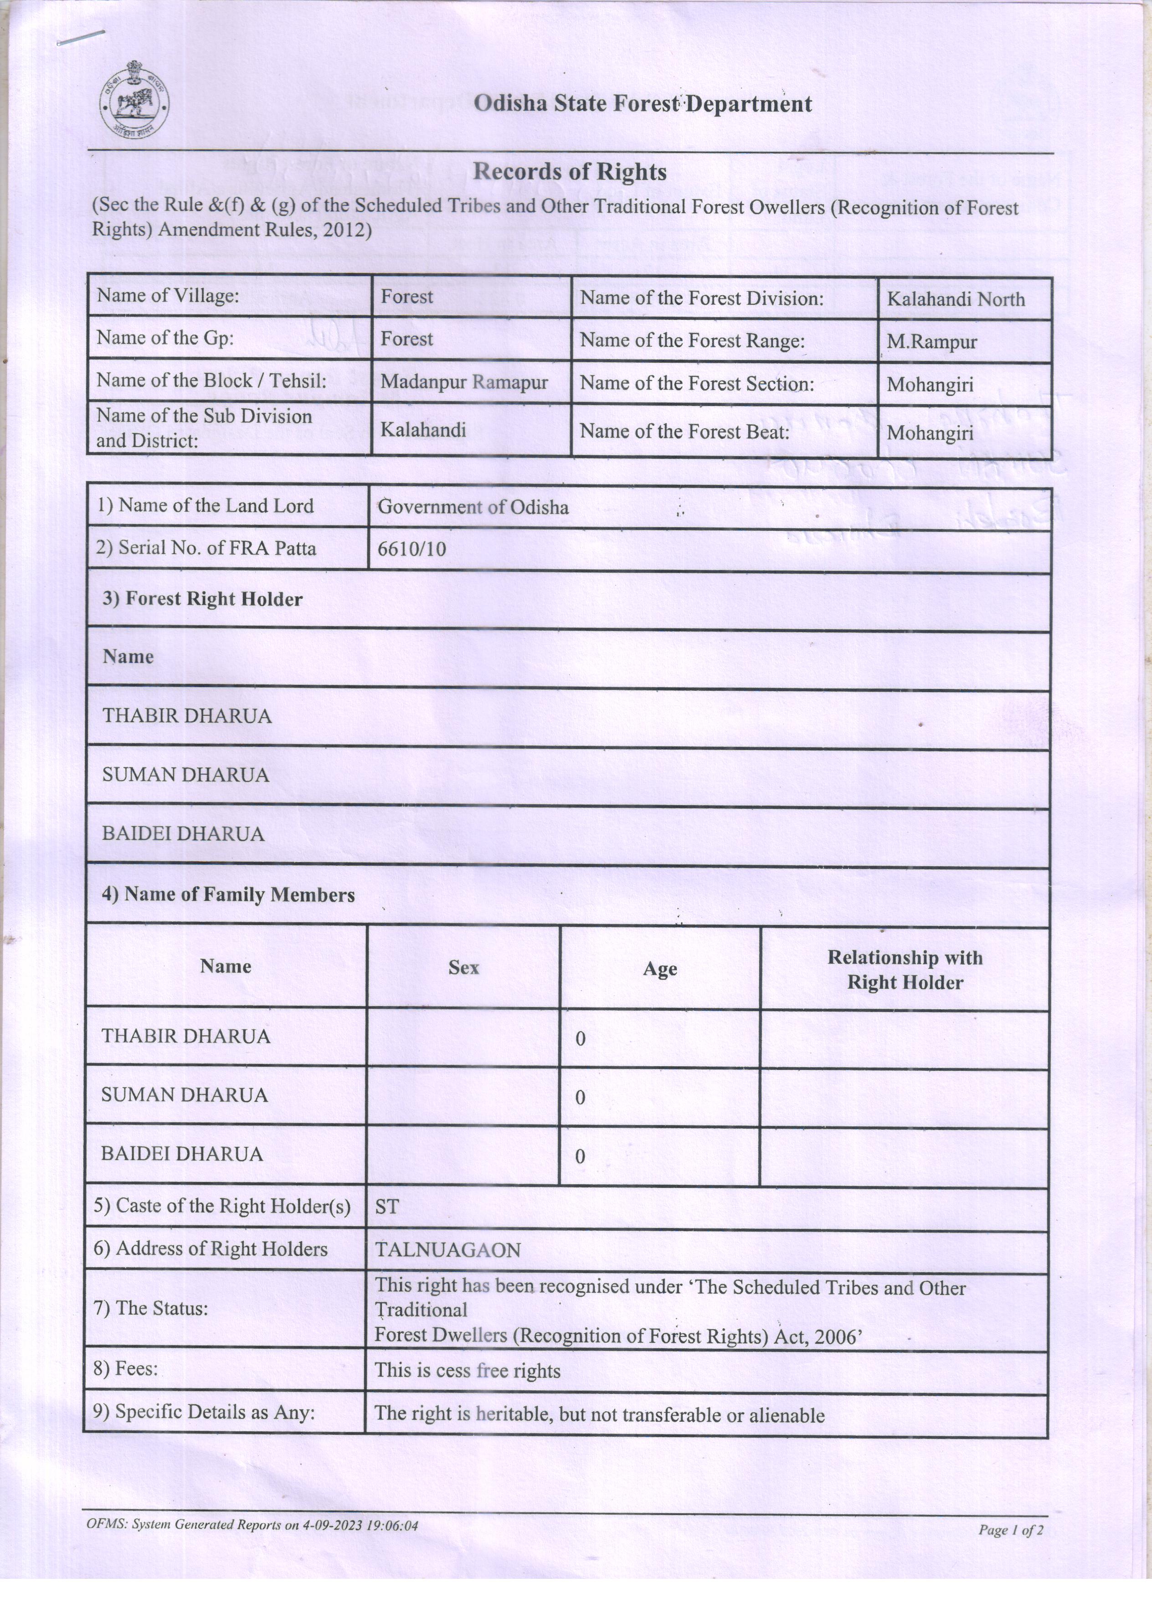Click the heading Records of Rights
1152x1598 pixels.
(569, 171)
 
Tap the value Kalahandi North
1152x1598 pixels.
(956, 299)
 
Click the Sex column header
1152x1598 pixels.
(463, 967)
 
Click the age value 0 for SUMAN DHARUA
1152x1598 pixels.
(580, 1098)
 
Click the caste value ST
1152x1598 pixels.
(387, 1207)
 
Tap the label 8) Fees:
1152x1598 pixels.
(125, 1368)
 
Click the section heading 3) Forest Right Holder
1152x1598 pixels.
(203, 600)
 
